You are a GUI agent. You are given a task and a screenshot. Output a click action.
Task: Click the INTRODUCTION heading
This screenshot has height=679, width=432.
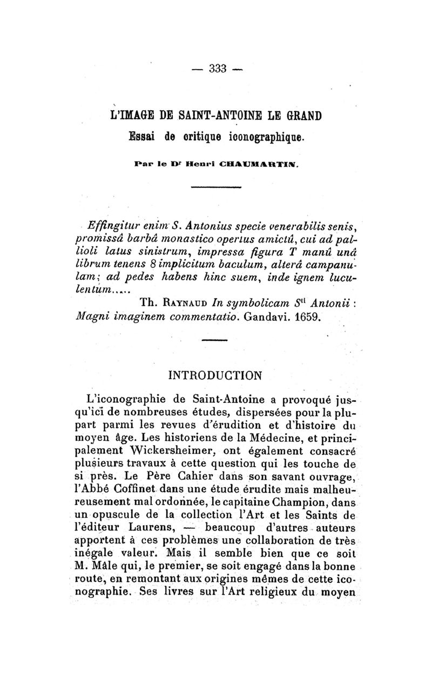(x=215, y=374)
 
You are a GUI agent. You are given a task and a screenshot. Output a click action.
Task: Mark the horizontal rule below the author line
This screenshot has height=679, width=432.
(x=216, y=187)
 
